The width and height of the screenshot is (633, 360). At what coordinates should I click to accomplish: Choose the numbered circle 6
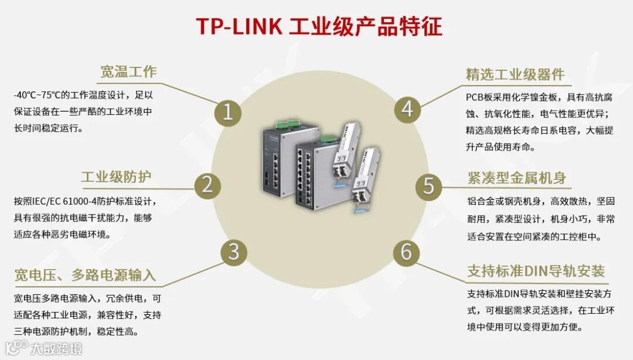point(406,252)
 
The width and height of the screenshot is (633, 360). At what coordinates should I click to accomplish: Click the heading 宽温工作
point(128,72)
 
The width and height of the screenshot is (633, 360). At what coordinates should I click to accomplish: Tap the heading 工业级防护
point(115,177)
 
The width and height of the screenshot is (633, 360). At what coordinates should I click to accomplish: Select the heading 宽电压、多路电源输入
point(85,274)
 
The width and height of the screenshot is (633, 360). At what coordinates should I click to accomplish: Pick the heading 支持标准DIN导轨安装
point(536,271)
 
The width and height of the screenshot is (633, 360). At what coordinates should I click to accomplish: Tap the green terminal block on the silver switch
point(287,124)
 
